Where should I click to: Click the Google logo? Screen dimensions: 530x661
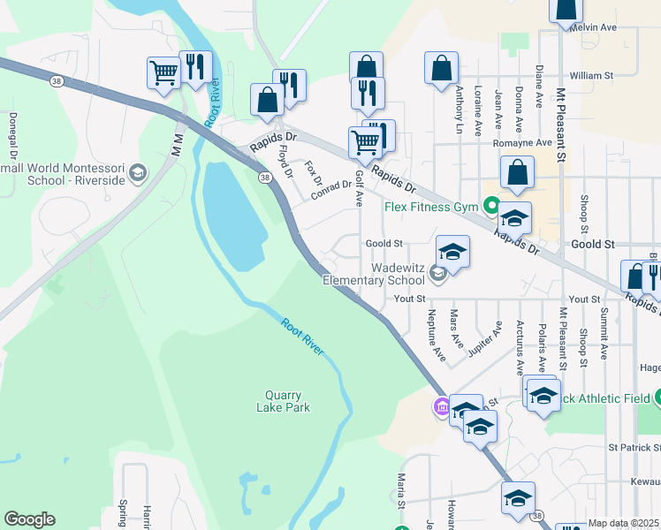(29, 519)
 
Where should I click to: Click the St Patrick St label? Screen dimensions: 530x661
(634, 448)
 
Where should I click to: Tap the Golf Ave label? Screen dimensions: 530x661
(359, 187)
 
